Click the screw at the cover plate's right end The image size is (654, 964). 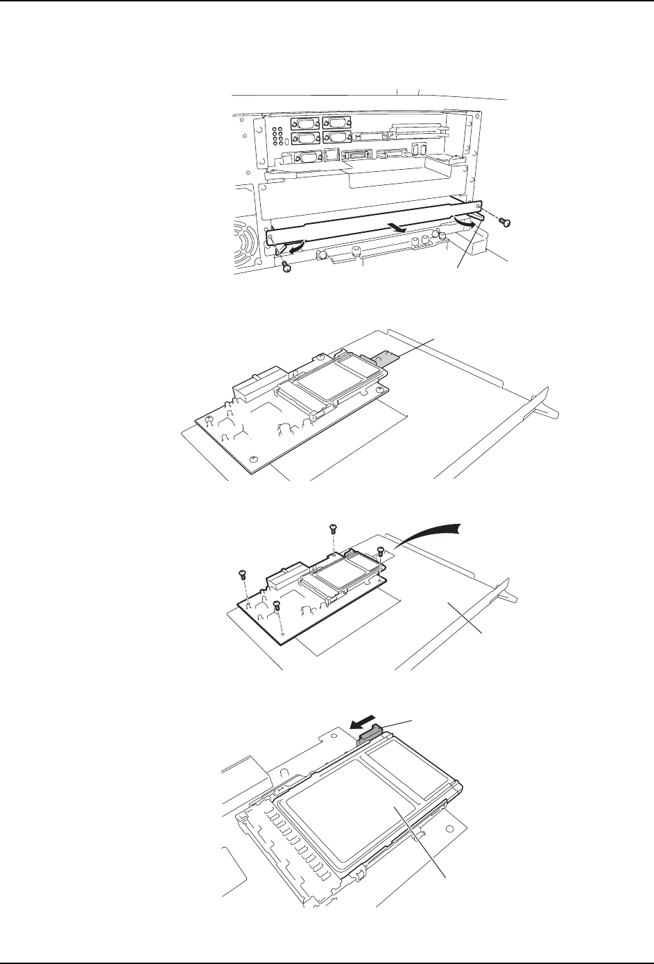[x=506, y=220]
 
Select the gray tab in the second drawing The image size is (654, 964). [x=384, y=356]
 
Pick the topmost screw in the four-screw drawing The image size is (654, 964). [x=332, y=531]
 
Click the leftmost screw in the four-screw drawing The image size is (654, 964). [x=242, y=574]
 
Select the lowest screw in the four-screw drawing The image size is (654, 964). [x=276, y=606]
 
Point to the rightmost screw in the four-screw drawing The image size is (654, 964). [x=380, y=552]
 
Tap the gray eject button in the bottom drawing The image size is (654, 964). [x=372, y=733]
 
